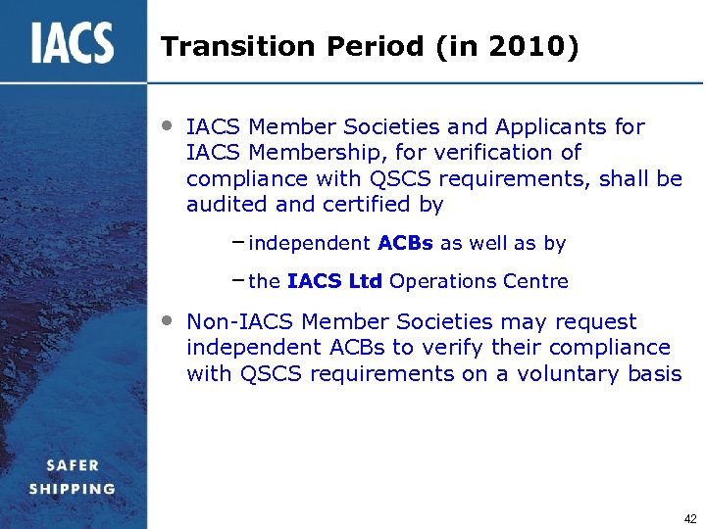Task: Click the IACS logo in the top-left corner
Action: tap(73, 43)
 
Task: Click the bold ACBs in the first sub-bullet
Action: tap(404, 243)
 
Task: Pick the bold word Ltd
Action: tap(367, 282)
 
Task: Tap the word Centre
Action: tap(532, 282)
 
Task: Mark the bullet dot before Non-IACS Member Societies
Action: tap(168, 319)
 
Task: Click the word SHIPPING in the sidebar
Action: tap(73, 489)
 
